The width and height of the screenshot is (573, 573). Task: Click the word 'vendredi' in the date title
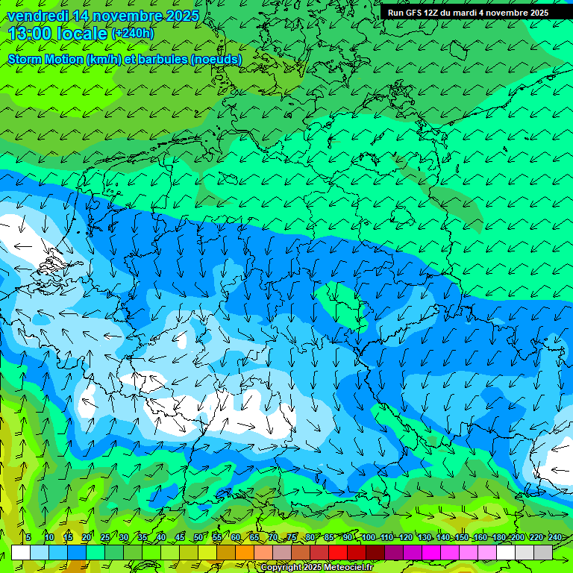click(38, 16)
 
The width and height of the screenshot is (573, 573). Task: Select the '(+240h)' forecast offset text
click(133, 34)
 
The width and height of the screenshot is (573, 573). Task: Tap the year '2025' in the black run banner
click(536, 13)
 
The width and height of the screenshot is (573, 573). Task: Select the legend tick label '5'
click(28, 537)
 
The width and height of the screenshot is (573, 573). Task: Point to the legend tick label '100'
click(368, 537)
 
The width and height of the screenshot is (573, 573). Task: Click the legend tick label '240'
click(555, 537)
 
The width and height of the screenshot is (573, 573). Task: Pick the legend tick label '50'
click(198, 537)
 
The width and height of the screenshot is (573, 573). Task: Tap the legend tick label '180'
click(499, 537)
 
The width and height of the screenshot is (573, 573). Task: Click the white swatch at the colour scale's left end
click(21, 552)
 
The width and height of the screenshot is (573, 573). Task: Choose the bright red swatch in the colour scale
click(338, 552)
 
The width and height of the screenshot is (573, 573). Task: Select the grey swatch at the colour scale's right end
click(543, 552)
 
